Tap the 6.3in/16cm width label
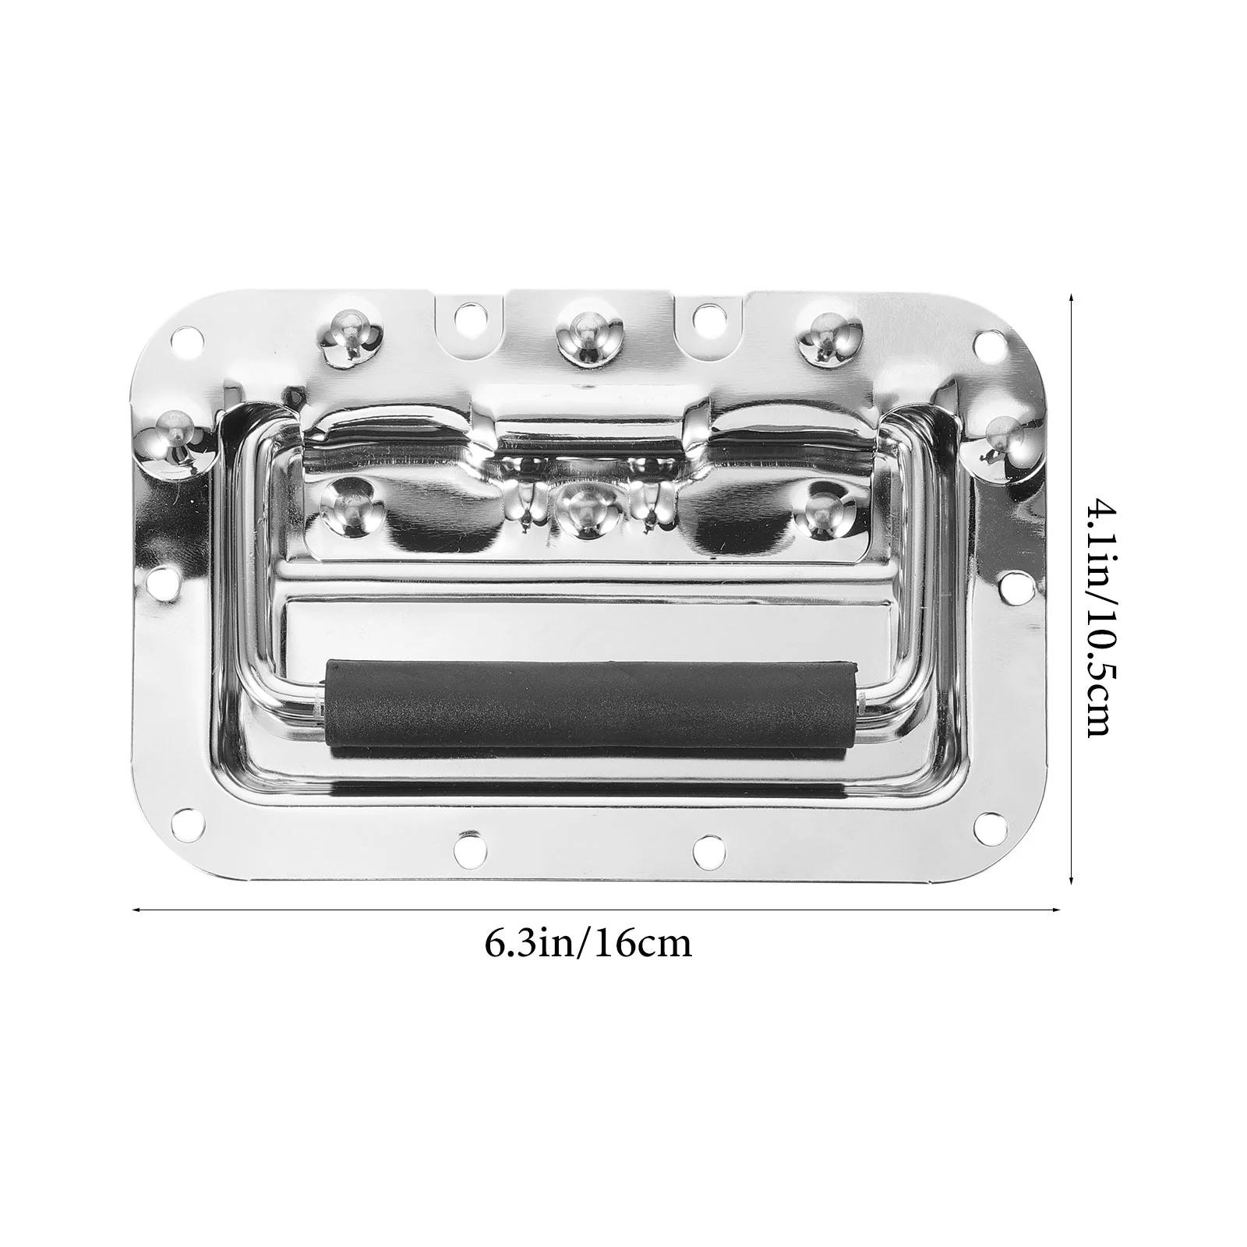(x=588, y=944)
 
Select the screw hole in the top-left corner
(x=185, y=340)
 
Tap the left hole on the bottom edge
(x=469, y=844)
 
